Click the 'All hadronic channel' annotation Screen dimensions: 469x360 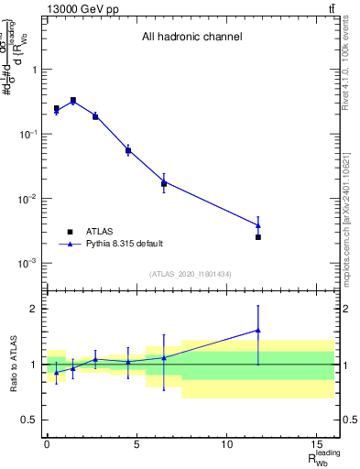191,38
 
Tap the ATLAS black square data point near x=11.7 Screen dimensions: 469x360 258,237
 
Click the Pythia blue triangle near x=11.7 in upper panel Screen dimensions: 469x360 258,224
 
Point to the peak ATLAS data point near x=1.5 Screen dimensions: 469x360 73,100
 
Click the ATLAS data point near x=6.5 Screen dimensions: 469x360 164,183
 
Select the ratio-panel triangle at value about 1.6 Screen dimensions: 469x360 258,331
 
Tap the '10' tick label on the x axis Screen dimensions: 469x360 226,444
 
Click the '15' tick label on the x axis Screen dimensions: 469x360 316,444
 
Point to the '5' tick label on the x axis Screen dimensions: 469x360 136,444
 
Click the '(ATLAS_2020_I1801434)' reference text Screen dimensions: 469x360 191,273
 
